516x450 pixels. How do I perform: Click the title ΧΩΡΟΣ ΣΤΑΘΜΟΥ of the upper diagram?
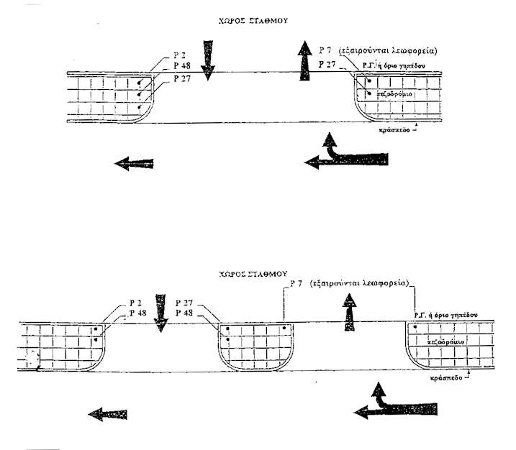pos(258,22)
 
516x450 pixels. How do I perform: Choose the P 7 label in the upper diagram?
pos(325,51)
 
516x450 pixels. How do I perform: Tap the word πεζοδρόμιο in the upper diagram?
pos(394,94)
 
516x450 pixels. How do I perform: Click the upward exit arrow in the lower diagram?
pos(350,313)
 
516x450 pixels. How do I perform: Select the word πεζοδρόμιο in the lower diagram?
pos(444,342)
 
